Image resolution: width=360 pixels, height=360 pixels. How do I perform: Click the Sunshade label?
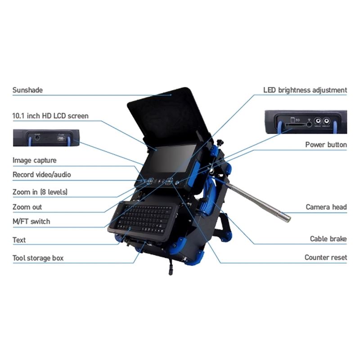click(x=27, y=90)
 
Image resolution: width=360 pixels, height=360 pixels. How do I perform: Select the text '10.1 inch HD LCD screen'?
click(x=50, y=116)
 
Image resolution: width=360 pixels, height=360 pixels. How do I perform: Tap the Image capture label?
click(x=35, y=160)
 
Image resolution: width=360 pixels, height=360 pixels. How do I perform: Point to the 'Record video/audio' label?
click(x=41, y=175)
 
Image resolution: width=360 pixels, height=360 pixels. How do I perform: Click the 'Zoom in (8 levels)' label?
click(x=40, y=192)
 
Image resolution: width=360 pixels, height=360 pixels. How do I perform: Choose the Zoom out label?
click(x=27, y=207)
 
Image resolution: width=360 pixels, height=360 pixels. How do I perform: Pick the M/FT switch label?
click(x=31, y=221)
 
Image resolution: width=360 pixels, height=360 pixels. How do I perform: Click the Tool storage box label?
click(x=38, y=258)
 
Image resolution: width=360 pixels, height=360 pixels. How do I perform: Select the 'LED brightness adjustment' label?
click(x=305, y=90)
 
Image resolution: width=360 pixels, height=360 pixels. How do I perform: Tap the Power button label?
click(x=326, y=144)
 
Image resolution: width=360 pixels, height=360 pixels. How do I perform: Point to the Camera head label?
click(x=326, y=207)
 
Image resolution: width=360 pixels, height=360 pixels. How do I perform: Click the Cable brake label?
click(x=328, y=239)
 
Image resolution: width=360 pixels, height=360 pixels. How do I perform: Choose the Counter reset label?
click(x=326, y=257)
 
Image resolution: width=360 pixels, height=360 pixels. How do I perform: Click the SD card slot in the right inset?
click(x=295, y=125)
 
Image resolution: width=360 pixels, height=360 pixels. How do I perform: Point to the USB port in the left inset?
click(x=61, y=139)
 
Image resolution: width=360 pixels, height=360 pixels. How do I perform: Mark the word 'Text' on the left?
click(x=19, y=240)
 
